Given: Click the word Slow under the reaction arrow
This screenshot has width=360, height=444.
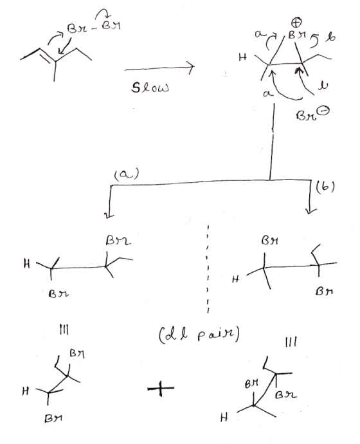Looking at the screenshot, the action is (150, 88).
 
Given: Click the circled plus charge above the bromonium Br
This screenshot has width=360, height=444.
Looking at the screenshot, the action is (296, 22).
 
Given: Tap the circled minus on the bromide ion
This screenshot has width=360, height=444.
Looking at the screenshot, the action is (325, 111).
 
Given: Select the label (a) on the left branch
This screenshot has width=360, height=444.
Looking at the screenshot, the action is (127, 174).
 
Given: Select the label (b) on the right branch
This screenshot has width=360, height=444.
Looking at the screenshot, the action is (325, 187).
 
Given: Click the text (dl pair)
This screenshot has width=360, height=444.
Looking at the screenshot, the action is (199, 335).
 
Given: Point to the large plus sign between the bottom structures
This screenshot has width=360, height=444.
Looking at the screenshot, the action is (160, 388).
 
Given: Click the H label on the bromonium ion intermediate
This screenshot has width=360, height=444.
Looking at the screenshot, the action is (242, 57).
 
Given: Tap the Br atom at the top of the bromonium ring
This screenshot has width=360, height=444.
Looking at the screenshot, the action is (297, 35).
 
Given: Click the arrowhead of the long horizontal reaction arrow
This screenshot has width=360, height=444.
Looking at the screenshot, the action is (192, 68).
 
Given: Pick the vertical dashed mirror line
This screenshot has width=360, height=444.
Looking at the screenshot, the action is (208, 269).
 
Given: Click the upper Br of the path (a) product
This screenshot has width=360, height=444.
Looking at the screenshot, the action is (118, 241).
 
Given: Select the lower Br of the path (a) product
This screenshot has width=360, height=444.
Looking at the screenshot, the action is (59, 294).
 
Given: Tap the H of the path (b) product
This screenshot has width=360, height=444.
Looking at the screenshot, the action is (235, 279).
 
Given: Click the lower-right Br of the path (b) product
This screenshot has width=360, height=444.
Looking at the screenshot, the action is (325, 291).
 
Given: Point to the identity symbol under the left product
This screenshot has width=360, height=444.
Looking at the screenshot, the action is (64, 330).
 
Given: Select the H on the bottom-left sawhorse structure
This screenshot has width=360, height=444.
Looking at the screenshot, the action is (26, 391).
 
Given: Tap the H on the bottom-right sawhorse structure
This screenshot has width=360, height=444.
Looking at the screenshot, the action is (224, 417).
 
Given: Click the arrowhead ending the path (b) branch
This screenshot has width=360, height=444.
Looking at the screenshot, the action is (310, 210).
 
